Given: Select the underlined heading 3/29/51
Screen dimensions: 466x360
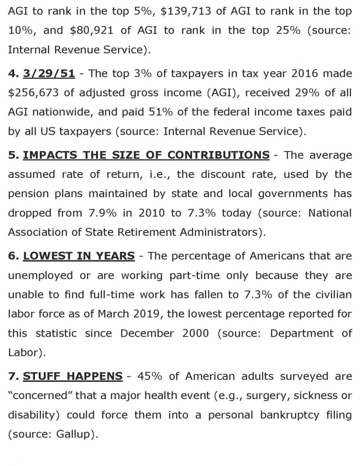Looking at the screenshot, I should pos(49,73).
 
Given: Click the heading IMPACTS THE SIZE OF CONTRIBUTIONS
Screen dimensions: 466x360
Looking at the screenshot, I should pos(146,155).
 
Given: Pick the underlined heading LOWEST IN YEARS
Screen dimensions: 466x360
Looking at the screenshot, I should pos(79,256).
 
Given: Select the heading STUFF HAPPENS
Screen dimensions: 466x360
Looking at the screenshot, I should pos(73,376).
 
